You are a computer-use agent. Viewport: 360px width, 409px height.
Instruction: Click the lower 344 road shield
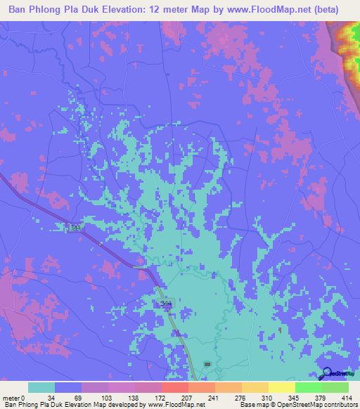(x=165, y=303)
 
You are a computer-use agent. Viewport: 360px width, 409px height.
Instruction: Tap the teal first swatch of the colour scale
(x=41, y=388)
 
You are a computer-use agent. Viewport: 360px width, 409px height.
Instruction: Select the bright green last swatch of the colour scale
(x=335, y=388)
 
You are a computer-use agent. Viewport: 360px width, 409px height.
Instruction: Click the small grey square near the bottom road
(x=207, y=363)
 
